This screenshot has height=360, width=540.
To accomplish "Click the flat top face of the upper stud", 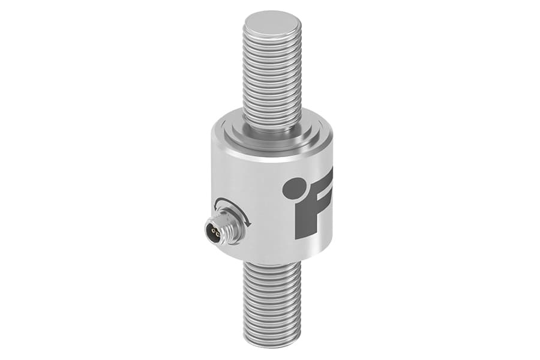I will click(x=271, y=25).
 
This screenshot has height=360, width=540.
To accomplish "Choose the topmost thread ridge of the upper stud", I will click(x=271, y=41).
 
